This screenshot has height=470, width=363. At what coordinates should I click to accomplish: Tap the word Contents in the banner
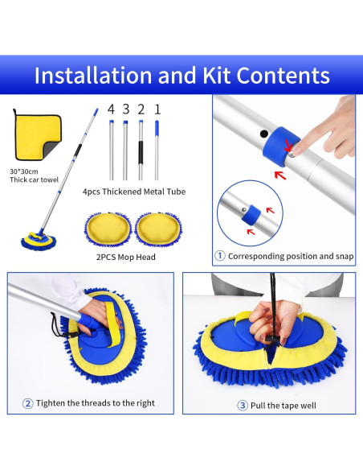(283, 75)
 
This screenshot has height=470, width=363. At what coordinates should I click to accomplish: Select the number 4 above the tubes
(111, 109)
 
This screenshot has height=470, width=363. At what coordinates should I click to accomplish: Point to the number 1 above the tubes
(157, 109)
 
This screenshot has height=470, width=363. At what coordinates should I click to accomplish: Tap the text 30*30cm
(24, 171)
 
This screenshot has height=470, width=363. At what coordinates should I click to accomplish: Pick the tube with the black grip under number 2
(141, 150)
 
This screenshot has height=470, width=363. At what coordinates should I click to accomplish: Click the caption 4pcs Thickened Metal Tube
(134, 192)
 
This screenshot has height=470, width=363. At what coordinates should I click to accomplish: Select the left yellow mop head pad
(108, 229)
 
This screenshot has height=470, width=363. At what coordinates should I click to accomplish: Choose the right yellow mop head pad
(158, 229)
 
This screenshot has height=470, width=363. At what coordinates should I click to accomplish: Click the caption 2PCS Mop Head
(126, 258)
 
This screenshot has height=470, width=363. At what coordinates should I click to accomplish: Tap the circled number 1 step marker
(220, 256)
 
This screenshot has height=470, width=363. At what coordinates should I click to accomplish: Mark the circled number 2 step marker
(27, 403)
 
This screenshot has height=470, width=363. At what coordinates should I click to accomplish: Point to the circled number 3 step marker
(243, 406)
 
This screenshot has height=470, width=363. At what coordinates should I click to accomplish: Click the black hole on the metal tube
(263, 134)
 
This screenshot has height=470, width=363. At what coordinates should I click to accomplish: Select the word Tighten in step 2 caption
(51, 403)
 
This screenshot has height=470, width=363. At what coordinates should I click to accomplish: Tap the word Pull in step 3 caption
(258, 406)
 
